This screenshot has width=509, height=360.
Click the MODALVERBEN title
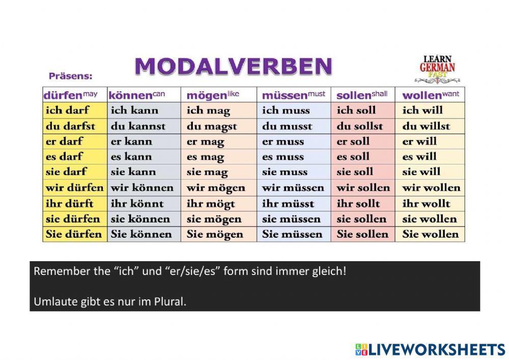[233, 67]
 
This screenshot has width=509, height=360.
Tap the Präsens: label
[70, 76]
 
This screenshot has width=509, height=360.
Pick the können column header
[137, 95]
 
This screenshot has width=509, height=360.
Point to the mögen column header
[213, 95]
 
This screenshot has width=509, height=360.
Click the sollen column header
[362, 95]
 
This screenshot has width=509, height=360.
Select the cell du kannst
[138, 126]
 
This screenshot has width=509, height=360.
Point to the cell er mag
[205, 142]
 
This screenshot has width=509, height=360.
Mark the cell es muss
[282, 157]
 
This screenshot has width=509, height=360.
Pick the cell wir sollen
[363, 187]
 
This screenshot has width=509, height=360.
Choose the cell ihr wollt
[426, 203]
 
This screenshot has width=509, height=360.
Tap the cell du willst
[426, 126]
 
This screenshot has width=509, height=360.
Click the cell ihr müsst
[288, 203]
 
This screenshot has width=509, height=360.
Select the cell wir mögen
[216, 187]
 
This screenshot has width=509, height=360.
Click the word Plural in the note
[171, 301]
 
